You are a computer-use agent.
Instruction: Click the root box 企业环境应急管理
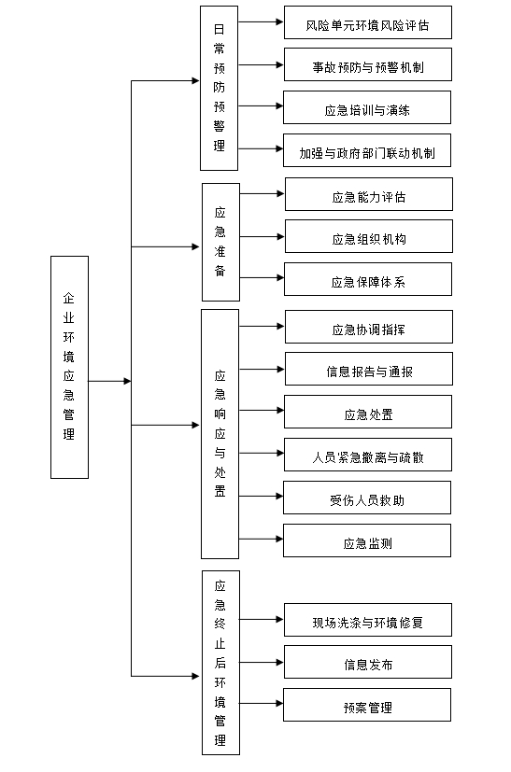click(x=69, y=367)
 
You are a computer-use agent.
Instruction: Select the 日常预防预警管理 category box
click(x=220, y=88)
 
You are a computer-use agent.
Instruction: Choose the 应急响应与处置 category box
click(x=220, y=433)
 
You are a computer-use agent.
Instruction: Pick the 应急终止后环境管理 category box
click(x=220, y=662)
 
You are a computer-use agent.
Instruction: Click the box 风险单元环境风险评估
click(x=367, y=24)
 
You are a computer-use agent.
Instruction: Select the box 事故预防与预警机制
click(x=367, y=66)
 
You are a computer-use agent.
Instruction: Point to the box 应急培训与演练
click(x=367, y=109)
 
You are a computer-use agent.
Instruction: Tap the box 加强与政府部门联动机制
click(x=367, y=151)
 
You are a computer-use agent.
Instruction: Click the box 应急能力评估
click(x=368, y=196)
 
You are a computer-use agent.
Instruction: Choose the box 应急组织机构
click(x=368, y=238)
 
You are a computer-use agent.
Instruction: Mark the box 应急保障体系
click(x=368, y=281)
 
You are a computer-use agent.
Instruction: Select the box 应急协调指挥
click(x=368, y=329)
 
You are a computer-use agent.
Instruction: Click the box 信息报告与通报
click(x=368, y=371)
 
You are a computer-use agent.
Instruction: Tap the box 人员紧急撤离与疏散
click(x=367, y=457)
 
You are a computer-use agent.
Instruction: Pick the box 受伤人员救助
click(x=367, y=499)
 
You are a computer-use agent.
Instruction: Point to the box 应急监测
click(x=367, y=542)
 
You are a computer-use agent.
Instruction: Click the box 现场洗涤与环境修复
click(x=367, y=621)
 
